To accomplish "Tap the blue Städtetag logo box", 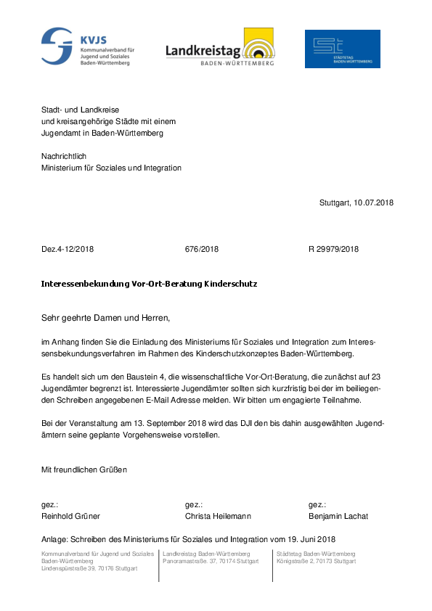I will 342,49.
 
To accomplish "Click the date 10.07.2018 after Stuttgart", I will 374,203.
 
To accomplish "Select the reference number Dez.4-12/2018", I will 68,250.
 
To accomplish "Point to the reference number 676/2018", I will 202,250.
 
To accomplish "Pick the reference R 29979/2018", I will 333,250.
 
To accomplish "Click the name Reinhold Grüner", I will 70,517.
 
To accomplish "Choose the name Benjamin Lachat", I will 338,517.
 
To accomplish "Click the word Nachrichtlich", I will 65,157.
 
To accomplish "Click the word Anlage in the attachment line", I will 56,539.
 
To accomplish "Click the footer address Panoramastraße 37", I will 195,562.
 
